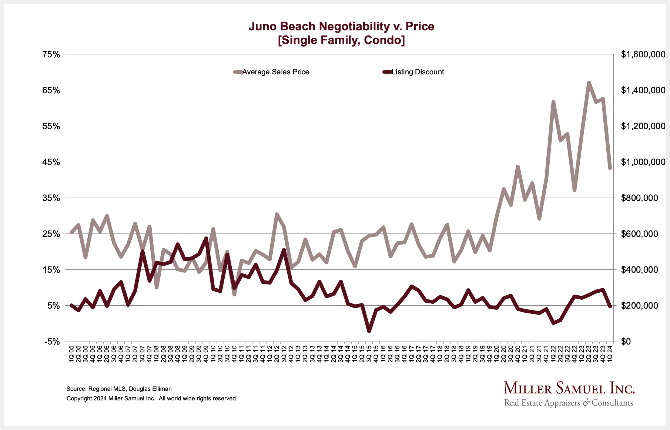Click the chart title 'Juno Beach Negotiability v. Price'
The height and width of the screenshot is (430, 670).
tap(341, 26)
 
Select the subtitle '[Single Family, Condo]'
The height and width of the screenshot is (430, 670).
tap(341, 40)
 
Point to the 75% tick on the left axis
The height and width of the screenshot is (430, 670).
tap(51, 55)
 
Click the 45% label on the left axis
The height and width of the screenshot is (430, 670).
tap(51, 162)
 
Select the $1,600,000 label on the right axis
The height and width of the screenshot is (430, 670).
tap(643, 55)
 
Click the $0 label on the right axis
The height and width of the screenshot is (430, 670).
tap(627, 342)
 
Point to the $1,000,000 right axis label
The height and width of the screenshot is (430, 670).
tap(643, 162)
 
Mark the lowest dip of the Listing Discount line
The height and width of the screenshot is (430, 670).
tap(369, 331)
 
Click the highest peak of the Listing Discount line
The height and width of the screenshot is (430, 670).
tap(206, 238)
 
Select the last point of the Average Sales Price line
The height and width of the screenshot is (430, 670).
tap(610, 168)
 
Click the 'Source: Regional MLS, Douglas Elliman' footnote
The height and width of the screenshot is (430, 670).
tap(119, 389)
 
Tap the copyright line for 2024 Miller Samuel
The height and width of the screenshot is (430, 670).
tap(152, 399)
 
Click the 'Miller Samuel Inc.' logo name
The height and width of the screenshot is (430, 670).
tap(569, 388)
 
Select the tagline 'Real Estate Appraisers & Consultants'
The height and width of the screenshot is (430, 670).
tap(569, 403)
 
